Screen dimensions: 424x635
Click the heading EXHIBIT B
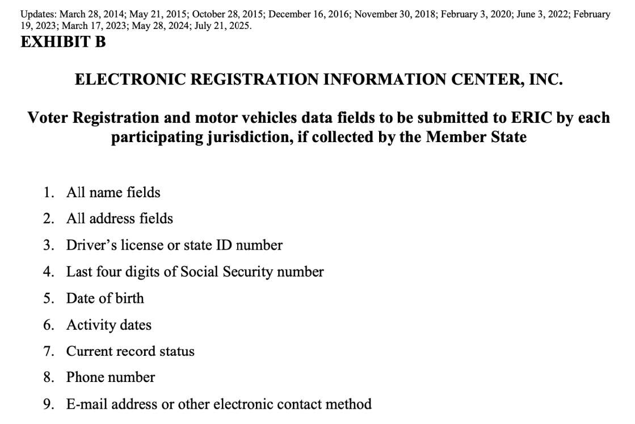(63, 41)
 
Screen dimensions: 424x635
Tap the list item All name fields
(113, 193)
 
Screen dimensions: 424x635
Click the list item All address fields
(119, 219)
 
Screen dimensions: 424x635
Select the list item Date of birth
(105, 298)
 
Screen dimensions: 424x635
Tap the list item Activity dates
(108, 325)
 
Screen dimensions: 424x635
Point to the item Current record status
(130, 351)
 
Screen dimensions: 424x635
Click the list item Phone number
(110, 377)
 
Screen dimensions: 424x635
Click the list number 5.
(48, 298)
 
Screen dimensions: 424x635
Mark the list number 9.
(48, 404)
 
